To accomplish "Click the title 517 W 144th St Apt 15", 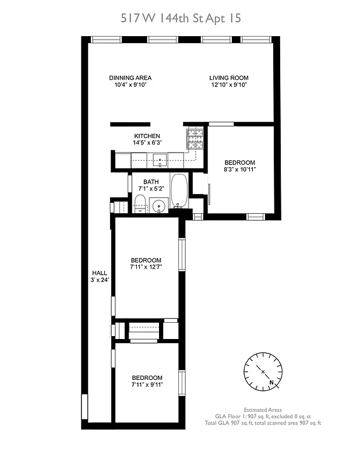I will coord(180,18).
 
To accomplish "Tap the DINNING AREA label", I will coord(130,77).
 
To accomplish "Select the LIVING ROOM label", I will coord(229,77).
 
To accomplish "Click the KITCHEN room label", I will coord(147,136).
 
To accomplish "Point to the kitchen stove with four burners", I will coord(195,137).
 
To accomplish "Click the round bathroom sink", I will coord(158,206).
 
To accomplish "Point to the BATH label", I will coord(151,182).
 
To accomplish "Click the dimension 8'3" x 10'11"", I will coord(240,169).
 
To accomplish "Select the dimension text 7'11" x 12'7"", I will coord(146,267).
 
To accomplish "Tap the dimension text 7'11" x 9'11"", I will coord(146,384).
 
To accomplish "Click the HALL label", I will coord(100,273).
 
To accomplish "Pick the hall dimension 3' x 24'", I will coord(100,280).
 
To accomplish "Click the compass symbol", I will coord(263,371).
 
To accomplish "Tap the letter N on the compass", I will coord(272,382).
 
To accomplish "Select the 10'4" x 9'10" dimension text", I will coord(130,84).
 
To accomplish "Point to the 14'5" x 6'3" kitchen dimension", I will coord(147,143).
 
